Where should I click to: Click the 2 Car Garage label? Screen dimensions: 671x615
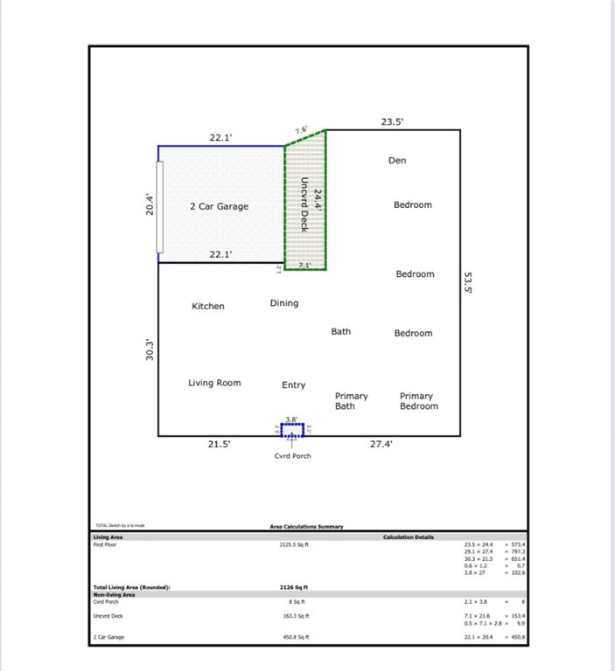point(219,207)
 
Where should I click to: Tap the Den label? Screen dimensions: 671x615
point(397,161)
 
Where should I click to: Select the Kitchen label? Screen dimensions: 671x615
point(208,307)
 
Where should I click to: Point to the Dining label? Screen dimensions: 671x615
point(283,303)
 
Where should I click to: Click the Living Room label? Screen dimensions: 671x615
point(214,384)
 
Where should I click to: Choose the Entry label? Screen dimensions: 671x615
point(293,385)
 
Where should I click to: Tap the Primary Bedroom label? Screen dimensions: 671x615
point(418,401)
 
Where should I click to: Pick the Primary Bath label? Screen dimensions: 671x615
point(351,401)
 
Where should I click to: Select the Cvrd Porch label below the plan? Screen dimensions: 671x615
point(292,456)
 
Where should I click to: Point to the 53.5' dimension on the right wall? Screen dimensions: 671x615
point(468,283)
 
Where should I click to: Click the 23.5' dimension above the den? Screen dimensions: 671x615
point(393,122)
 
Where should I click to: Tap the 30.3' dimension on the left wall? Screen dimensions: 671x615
point(150,349)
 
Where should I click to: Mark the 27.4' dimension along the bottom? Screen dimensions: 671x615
point(381,444)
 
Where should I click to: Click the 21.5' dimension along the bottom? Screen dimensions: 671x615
point(220,444)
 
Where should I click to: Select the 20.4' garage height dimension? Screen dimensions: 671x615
point(150,204)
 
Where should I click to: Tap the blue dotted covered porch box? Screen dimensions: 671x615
point(292,430)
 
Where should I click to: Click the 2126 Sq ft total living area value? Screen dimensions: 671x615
point(293,588)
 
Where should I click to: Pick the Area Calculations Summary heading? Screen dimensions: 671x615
point(306,527)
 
